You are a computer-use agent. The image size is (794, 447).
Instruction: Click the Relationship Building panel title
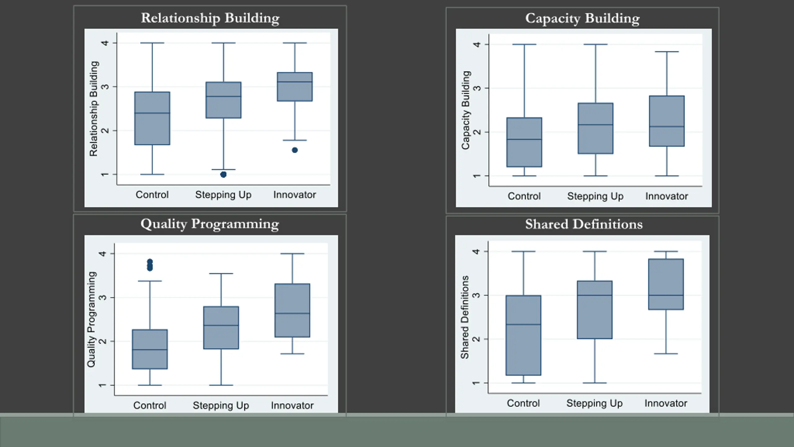click(x=210, y=18)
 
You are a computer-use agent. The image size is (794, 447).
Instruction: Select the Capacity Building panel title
click(x=582, y=18)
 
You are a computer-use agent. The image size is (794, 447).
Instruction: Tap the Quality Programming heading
click(x=210, y=224)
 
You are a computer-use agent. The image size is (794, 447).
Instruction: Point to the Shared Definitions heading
click(x=584, y=224)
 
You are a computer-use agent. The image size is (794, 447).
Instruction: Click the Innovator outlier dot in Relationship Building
click(x=295, y=150)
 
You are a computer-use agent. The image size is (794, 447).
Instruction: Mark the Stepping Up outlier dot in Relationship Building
click(x=223, y=175)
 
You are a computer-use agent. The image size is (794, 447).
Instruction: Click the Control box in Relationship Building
click(x=152, y=118)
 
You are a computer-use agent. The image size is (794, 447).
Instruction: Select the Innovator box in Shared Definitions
click(x=666, y=284)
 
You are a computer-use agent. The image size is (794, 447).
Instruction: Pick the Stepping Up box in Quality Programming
click(x=221, y=328)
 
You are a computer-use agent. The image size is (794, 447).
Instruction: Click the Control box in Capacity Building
click(x=524, y=142)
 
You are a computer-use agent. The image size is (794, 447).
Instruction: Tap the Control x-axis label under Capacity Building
click(x=524, y=196)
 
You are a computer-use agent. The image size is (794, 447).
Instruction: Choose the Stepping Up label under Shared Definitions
click(x=594, y=403)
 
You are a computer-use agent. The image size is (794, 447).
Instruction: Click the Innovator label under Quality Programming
click(x=292, y=405)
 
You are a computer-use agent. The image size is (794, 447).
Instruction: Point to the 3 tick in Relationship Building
click(x=105, y=87)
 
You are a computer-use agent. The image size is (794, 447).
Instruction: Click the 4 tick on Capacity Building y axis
click(x=477, y=45)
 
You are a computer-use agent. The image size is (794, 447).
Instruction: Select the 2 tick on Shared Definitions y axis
click(x=476, y=339)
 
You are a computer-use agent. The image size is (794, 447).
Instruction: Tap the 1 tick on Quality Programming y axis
click(x=102, y=385)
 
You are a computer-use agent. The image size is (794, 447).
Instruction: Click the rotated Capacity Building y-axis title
click(x=466, y=110)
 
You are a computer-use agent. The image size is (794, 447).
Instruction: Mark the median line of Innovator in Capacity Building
click(x=667, y=127)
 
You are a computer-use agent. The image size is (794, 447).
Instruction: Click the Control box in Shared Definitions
click(x=523, y=335)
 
